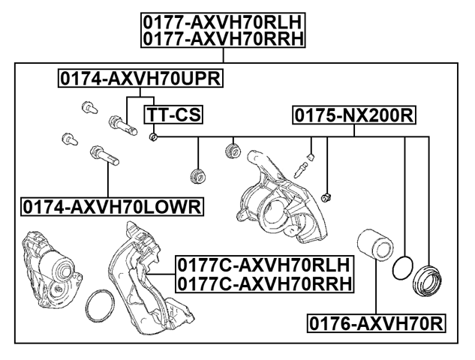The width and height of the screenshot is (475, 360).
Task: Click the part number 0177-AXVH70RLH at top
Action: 224,22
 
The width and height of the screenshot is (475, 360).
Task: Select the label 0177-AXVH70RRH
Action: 224,38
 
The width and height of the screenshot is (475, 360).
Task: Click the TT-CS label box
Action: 174,115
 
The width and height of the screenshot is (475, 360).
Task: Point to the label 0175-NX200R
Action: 354,115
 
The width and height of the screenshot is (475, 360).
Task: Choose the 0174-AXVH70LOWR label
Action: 113,206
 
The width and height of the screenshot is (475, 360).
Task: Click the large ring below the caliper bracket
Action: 98,307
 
